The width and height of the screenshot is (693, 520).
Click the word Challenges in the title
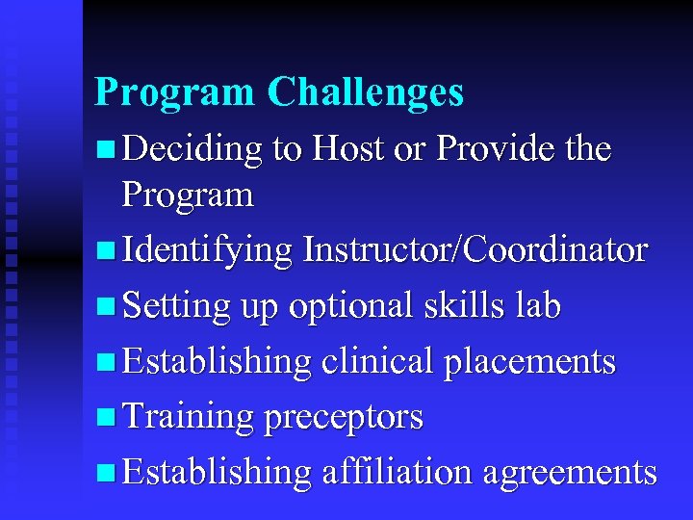tap(366, 92)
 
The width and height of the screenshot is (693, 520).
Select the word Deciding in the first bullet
tap(193, 150)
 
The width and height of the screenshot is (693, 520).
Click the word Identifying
tap(208, 250)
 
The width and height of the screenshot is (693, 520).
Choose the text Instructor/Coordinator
tap(475, 250)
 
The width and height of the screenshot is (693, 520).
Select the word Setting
tap(177, 306)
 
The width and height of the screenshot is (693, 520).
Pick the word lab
tap(537, 306)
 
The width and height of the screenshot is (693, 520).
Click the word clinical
tap(377, 362)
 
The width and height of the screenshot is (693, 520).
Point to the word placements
tap(529, 362)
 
